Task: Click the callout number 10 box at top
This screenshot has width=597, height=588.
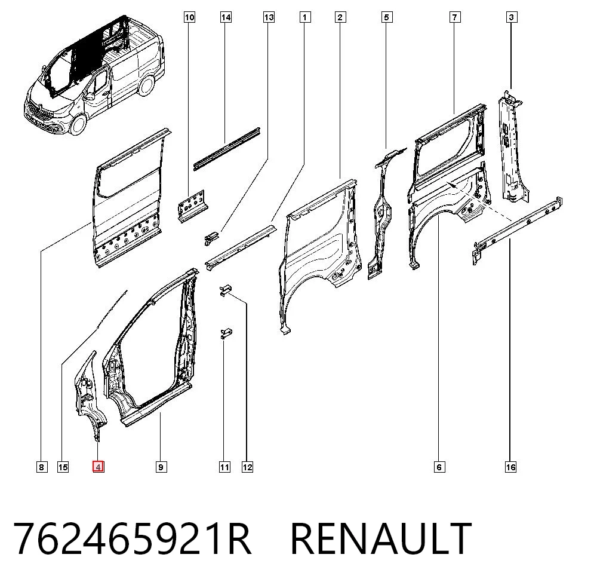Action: click(189, 17)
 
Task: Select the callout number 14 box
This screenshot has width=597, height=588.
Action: click(226, 17)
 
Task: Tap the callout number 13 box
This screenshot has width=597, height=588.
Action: click(269, 17)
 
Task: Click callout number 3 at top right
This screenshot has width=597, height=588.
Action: click(512, 17)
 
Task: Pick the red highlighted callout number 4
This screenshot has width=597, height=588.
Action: click(99, 467)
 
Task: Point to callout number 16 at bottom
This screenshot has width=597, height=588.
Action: click(510, 467)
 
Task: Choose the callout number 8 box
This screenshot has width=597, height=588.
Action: click(42, 467)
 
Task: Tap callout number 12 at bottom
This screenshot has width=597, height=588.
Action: click(247, 467)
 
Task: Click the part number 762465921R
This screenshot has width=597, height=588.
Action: click(132, 538)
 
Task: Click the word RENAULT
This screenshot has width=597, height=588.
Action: click(381, 538)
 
